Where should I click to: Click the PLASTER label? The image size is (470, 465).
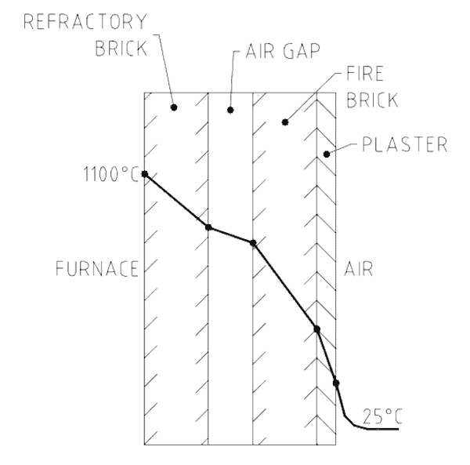[x=404, y=144]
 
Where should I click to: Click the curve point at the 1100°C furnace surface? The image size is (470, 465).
[x=145, y=174]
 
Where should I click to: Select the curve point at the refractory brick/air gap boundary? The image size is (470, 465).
[x=208, y=227]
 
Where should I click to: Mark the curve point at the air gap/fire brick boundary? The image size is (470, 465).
[x=253, y=243]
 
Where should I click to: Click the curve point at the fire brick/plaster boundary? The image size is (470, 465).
[x=316, y=329]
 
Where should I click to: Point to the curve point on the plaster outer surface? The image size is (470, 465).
[x=336, y=383]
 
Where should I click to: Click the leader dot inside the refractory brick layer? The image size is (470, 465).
[x=174, y=107]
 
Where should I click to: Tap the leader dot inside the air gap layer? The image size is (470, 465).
[x=230, y=110]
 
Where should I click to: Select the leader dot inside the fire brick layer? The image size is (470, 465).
[x=285, y=122]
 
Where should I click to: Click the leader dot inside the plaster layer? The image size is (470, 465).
[x=327, y=154]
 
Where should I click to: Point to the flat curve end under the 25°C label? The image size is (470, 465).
[x=380, y=428]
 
